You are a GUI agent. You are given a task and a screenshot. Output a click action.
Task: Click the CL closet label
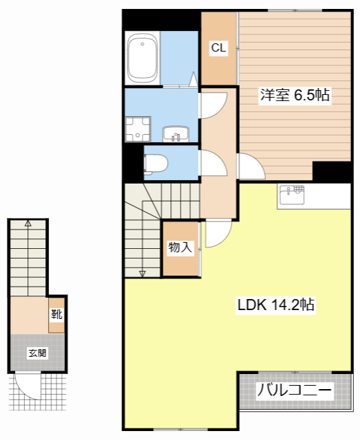[x=218, y=48]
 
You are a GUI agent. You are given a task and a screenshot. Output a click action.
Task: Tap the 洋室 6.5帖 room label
[x=295, y=96]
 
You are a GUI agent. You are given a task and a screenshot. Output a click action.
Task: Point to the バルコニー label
[x=294, y=392]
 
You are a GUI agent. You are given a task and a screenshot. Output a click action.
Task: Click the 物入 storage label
[x=180, y=247]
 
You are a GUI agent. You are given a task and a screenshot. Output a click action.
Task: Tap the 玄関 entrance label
[x=37, y=353]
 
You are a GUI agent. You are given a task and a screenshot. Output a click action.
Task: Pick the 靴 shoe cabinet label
[x=56, y=315]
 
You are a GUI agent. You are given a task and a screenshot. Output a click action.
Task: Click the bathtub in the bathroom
[x=144, y=58]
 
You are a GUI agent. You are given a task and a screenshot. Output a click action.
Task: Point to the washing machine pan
[x=137, y=129]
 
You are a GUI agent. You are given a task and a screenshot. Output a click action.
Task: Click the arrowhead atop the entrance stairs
[x=27, y=223]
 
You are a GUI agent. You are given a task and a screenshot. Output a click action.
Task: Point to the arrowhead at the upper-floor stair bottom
[x=143, y=274]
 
